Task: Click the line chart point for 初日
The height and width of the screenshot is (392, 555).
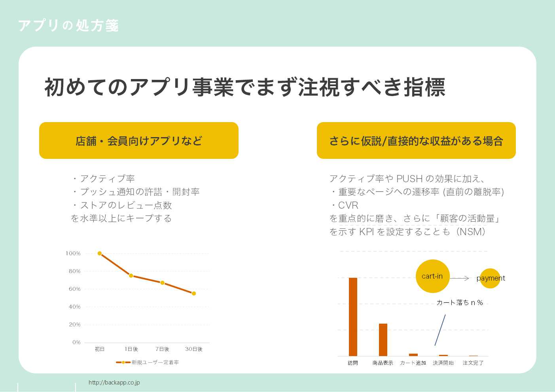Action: point(100,253)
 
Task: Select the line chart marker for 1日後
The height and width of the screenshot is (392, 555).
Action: point(131,275)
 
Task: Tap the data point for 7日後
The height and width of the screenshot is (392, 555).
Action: point(162,283)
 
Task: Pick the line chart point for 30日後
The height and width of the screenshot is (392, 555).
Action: point(194,293)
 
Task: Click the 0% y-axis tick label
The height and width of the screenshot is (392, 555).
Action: point(76,342)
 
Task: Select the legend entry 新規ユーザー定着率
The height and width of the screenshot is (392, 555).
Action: point(147,362)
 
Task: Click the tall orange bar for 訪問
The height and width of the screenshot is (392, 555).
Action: point(353,317)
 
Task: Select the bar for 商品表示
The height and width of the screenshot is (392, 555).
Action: point(383,339)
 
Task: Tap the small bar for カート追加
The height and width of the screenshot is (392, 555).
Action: point(413,354)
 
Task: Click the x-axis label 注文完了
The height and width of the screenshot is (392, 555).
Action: point(473,363)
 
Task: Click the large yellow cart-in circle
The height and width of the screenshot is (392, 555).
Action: point(432,276)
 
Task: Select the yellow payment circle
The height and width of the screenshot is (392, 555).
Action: point(490,278)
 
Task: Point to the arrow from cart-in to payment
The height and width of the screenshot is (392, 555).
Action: point(460,278)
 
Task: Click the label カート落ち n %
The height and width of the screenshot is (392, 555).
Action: point(459,302)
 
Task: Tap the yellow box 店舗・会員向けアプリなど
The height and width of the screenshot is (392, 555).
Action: point(139,141)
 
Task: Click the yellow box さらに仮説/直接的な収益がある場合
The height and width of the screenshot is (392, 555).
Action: point(416,141)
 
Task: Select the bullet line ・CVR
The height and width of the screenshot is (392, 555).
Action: point(344,205)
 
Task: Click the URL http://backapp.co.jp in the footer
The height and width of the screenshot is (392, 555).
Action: point(114,383)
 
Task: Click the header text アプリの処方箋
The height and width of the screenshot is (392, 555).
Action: point(68,26)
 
